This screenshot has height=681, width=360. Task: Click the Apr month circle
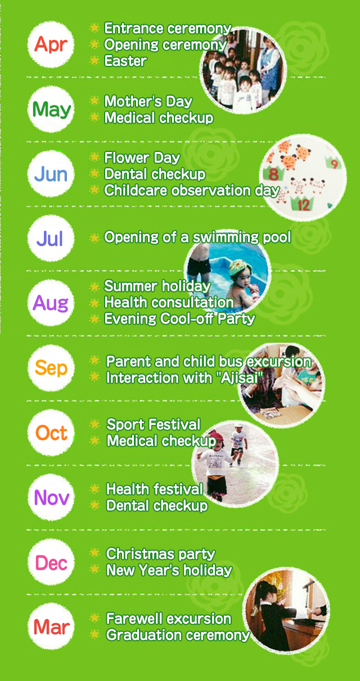coord(51,45)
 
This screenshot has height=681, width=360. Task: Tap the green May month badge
coord(51,109)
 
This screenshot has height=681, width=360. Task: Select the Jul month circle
coord(51,239)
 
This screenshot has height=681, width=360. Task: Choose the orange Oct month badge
coord(51,433)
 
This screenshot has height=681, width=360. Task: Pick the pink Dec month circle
coord(51,562)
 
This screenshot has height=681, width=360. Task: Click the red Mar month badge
coord(51,627)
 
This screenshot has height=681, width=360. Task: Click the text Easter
coord(125,61)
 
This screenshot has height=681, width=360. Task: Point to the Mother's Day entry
coord(148,101)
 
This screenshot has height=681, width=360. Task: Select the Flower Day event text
coord(142,158)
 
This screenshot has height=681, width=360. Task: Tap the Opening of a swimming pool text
coord(197,238)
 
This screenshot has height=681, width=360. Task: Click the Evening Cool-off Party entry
coord(179,319)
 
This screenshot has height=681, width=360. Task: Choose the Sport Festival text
coord(153,424)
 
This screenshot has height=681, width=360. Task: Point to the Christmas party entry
coord(160,554)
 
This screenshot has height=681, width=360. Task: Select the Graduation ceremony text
coord(177,635)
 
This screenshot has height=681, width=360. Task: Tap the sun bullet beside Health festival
coord(95,489)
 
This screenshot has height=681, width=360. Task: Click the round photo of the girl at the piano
coord(287,611)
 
